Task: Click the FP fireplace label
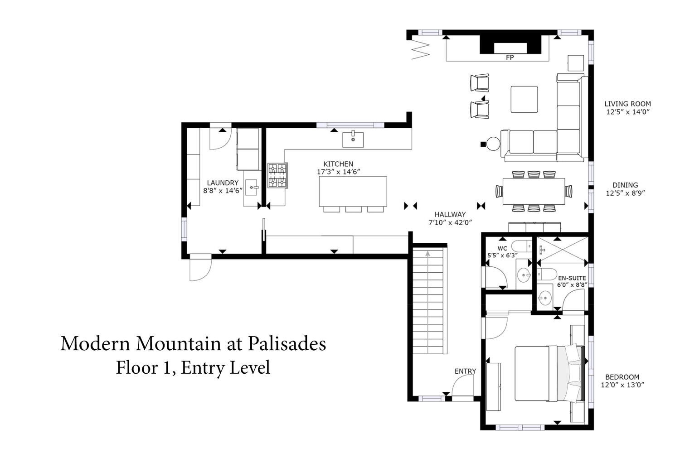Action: click(x=510, y=58)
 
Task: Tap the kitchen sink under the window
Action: click(x=353, y=140)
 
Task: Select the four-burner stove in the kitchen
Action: click(x=277, y=175)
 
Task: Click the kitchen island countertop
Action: click(x=353, y=192)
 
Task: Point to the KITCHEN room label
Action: click(x=338, y=164)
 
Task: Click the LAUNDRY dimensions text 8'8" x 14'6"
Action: click(x=223, y=191)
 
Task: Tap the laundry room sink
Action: click(x=252, y=188)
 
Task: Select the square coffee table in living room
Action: click(x=524, y=99)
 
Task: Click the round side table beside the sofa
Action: click(x=493, y=144)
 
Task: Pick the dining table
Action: click(x=534, y=192)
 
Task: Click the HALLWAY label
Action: click(x=450, y=215)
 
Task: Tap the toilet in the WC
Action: click(x=521, y=246)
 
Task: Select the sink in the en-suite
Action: click(x=545, y=297)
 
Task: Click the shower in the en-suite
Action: click(x=563, y=250)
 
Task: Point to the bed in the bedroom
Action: click(x=550, y=374)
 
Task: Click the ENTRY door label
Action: click(x=465, y=371)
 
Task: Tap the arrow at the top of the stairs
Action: click(x=428, y=253)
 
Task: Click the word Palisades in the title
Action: click(x=287, y=344)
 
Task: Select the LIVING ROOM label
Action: click(x=627, y=104)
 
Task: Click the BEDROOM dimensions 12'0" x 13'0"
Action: click(x=622, y=385)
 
